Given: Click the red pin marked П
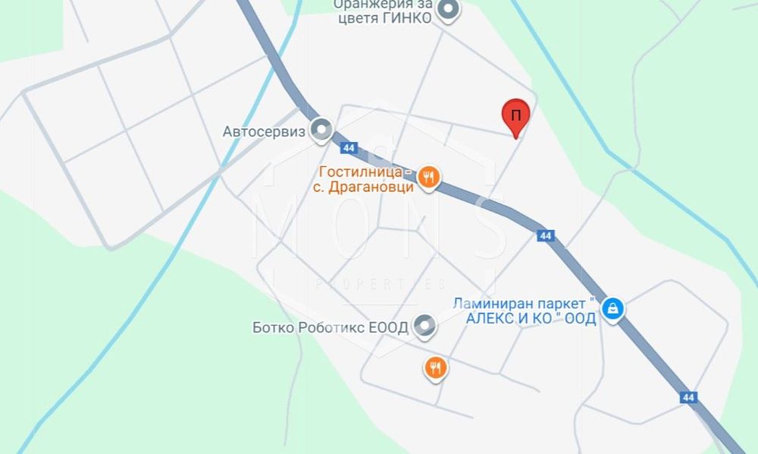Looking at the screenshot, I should [516, 117].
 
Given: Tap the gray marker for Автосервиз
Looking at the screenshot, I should [322, 130].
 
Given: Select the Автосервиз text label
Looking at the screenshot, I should [264, 131].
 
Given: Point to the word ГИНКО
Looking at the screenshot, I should [410, 18].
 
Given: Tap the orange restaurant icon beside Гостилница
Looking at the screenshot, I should [430, 178].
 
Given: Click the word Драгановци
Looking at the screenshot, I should [368, 187].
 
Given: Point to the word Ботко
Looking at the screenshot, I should [273, 328].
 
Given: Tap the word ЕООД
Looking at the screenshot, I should [390, 328].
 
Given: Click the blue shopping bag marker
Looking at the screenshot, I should [612, 308].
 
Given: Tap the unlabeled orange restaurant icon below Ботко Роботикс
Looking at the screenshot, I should [435, 368].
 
